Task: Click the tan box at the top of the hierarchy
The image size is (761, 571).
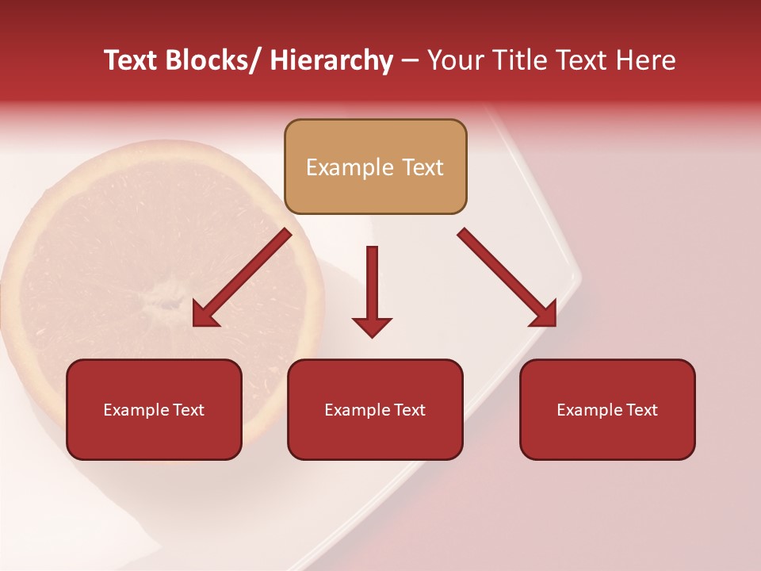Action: [x=375, y=167]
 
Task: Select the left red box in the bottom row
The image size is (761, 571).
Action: [x=154, y=409]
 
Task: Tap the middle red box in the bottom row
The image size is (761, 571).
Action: [x=375, y=409]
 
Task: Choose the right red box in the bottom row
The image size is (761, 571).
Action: [x=607, y=409]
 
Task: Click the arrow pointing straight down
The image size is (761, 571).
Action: [x=372, y=289]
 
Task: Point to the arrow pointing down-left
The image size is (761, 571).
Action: [x=242, y=278]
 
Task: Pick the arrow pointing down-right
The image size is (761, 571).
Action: [x=507, y=278]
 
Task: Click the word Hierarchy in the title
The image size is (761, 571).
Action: [x=331, y=60]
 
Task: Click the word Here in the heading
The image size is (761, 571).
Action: [x=643, y=60]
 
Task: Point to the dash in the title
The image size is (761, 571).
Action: [x=410, y=60]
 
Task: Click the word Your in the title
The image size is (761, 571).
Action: [x=455, y=60]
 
